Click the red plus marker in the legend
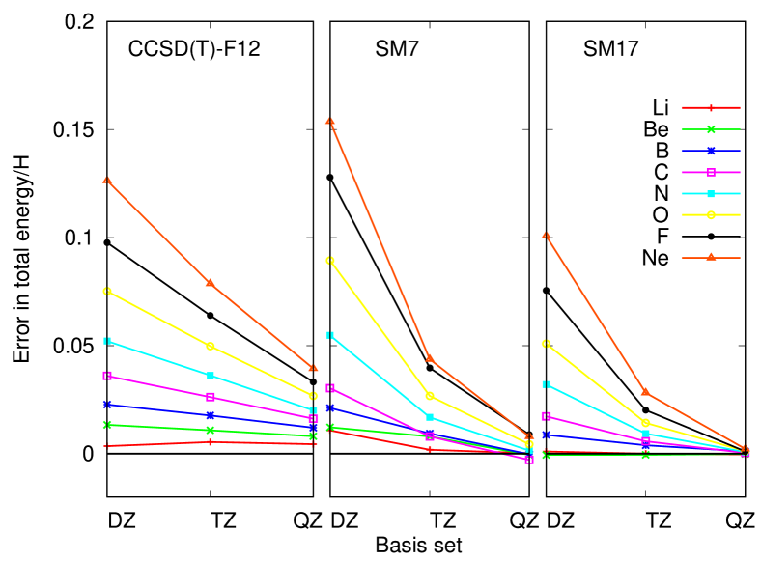711,108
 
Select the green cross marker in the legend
711,129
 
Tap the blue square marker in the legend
711,151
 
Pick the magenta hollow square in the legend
711,172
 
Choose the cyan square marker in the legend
711,193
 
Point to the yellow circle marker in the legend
711,214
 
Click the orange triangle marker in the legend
711,256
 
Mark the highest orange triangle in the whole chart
330,121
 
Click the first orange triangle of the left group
106,180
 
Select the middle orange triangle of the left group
210,282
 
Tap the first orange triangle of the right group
546,235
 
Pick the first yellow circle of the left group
106,291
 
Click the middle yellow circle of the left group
210,346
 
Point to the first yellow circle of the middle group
330,260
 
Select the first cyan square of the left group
106,341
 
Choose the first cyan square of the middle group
330,335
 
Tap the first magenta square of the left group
106,375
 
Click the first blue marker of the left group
106,405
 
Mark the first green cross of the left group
106,425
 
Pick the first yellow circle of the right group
546,344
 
